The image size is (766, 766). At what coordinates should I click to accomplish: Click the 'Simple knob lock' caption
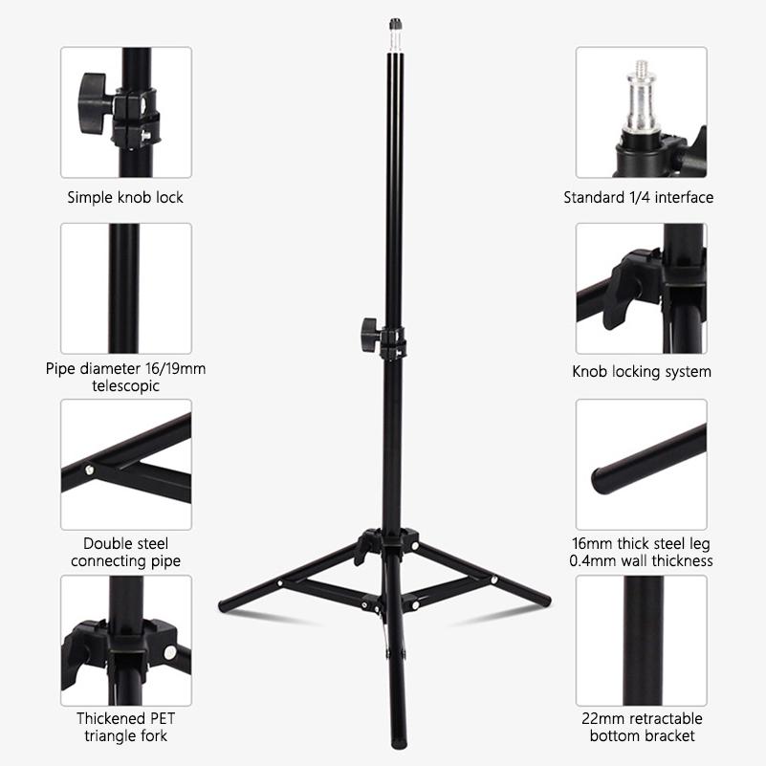pyautogui.click(x=125, y=198)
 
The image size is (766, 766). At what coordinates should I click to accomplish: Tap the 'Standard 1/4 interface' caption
pyautogui.click(x=638, y=198)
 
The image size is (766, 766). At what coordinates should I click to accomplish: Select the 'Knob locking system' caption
pyautogui.click(x=642, y=372)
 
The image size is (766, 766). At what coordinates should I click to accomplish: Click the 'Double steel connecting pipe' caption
pyautogui.click(x=125, y=552)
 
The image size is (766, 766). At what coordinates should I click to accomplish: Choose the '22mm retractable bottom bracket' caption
pyautogui.click(x=642, y=727)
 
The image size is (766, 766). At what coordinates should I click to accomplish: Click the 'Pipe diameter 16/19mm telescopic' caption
pyautogui.click(x=125, y=377)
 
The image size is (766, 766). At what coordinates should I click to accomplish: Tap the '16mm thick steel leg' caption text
pyautogui.click(x=642, y=542)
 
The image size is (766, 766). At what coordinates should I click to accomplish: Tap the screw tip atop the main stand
pyautogui.click(x=393, y=22)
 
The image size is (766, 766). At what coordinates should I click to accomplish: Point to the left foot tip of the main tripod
pyautogui.click(x=226, y=607)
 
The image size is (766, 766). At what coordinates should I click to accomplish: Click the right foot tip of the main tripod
pyautogui.click(x=545, y=601)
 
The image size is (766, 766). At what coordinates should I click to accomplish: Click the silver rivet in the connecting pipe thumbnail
pyautogui.click(x=90, y=469)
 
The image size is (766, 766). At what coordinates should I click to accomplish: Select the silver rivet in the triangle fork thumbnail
pyautogui.click(x=169, y=652)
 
